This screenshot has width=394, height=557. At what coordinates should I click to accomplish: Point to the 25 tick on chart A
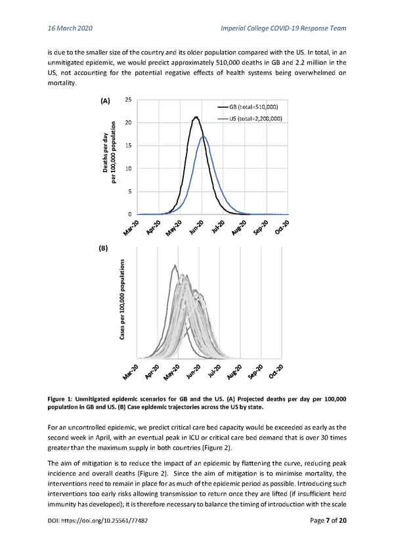pyautogui.click(x=127, y=100)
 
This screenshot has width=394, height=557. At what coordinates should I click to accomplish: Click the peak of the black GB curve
pyautogui.click(x=196, y=118)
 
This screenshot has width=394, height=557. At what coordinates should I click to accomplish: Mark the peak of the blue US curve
pyautogui.click(x=204, y=136)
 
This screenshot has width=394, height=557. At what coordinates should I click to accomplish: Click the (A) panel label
pyautogui.click(x=104, y=100)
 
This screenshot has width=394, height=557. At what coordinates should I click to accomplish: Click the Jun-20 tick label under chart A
pyautogui.click(x=196, y=227)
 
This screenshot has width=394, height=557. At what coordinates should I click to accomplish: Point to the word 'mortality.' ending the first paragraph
pyautogui.click(x=63, y=84)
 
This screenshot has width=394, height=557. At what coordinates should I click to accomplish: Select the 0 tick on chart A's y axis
pyautogui.click(x=129, y=215)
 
